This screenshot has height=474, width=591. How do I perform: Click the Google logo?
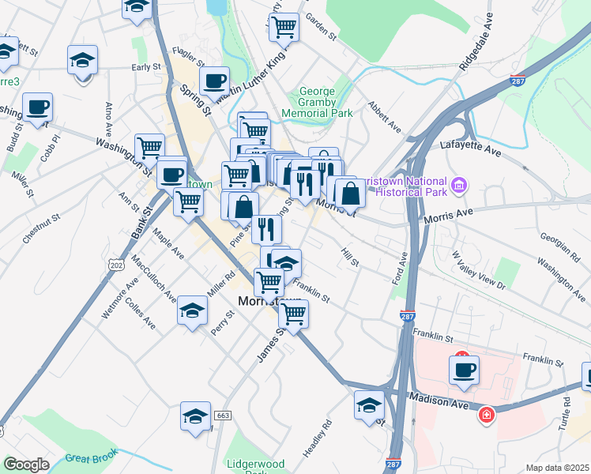tap(26, 465)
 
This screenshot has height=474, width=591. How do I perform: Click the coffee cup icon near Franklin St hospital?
tap(464, 369)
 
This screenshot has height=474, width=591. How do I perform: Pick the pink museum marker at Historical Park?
tap(460, 187)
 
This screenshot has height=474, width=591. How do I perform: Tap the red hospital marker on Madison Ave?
tap(486, 414)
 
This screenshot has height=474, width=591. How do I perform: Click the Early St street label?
tap(146, 68)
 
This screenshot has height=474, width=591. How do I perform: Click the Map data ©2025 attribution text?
tap(557, 468)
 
